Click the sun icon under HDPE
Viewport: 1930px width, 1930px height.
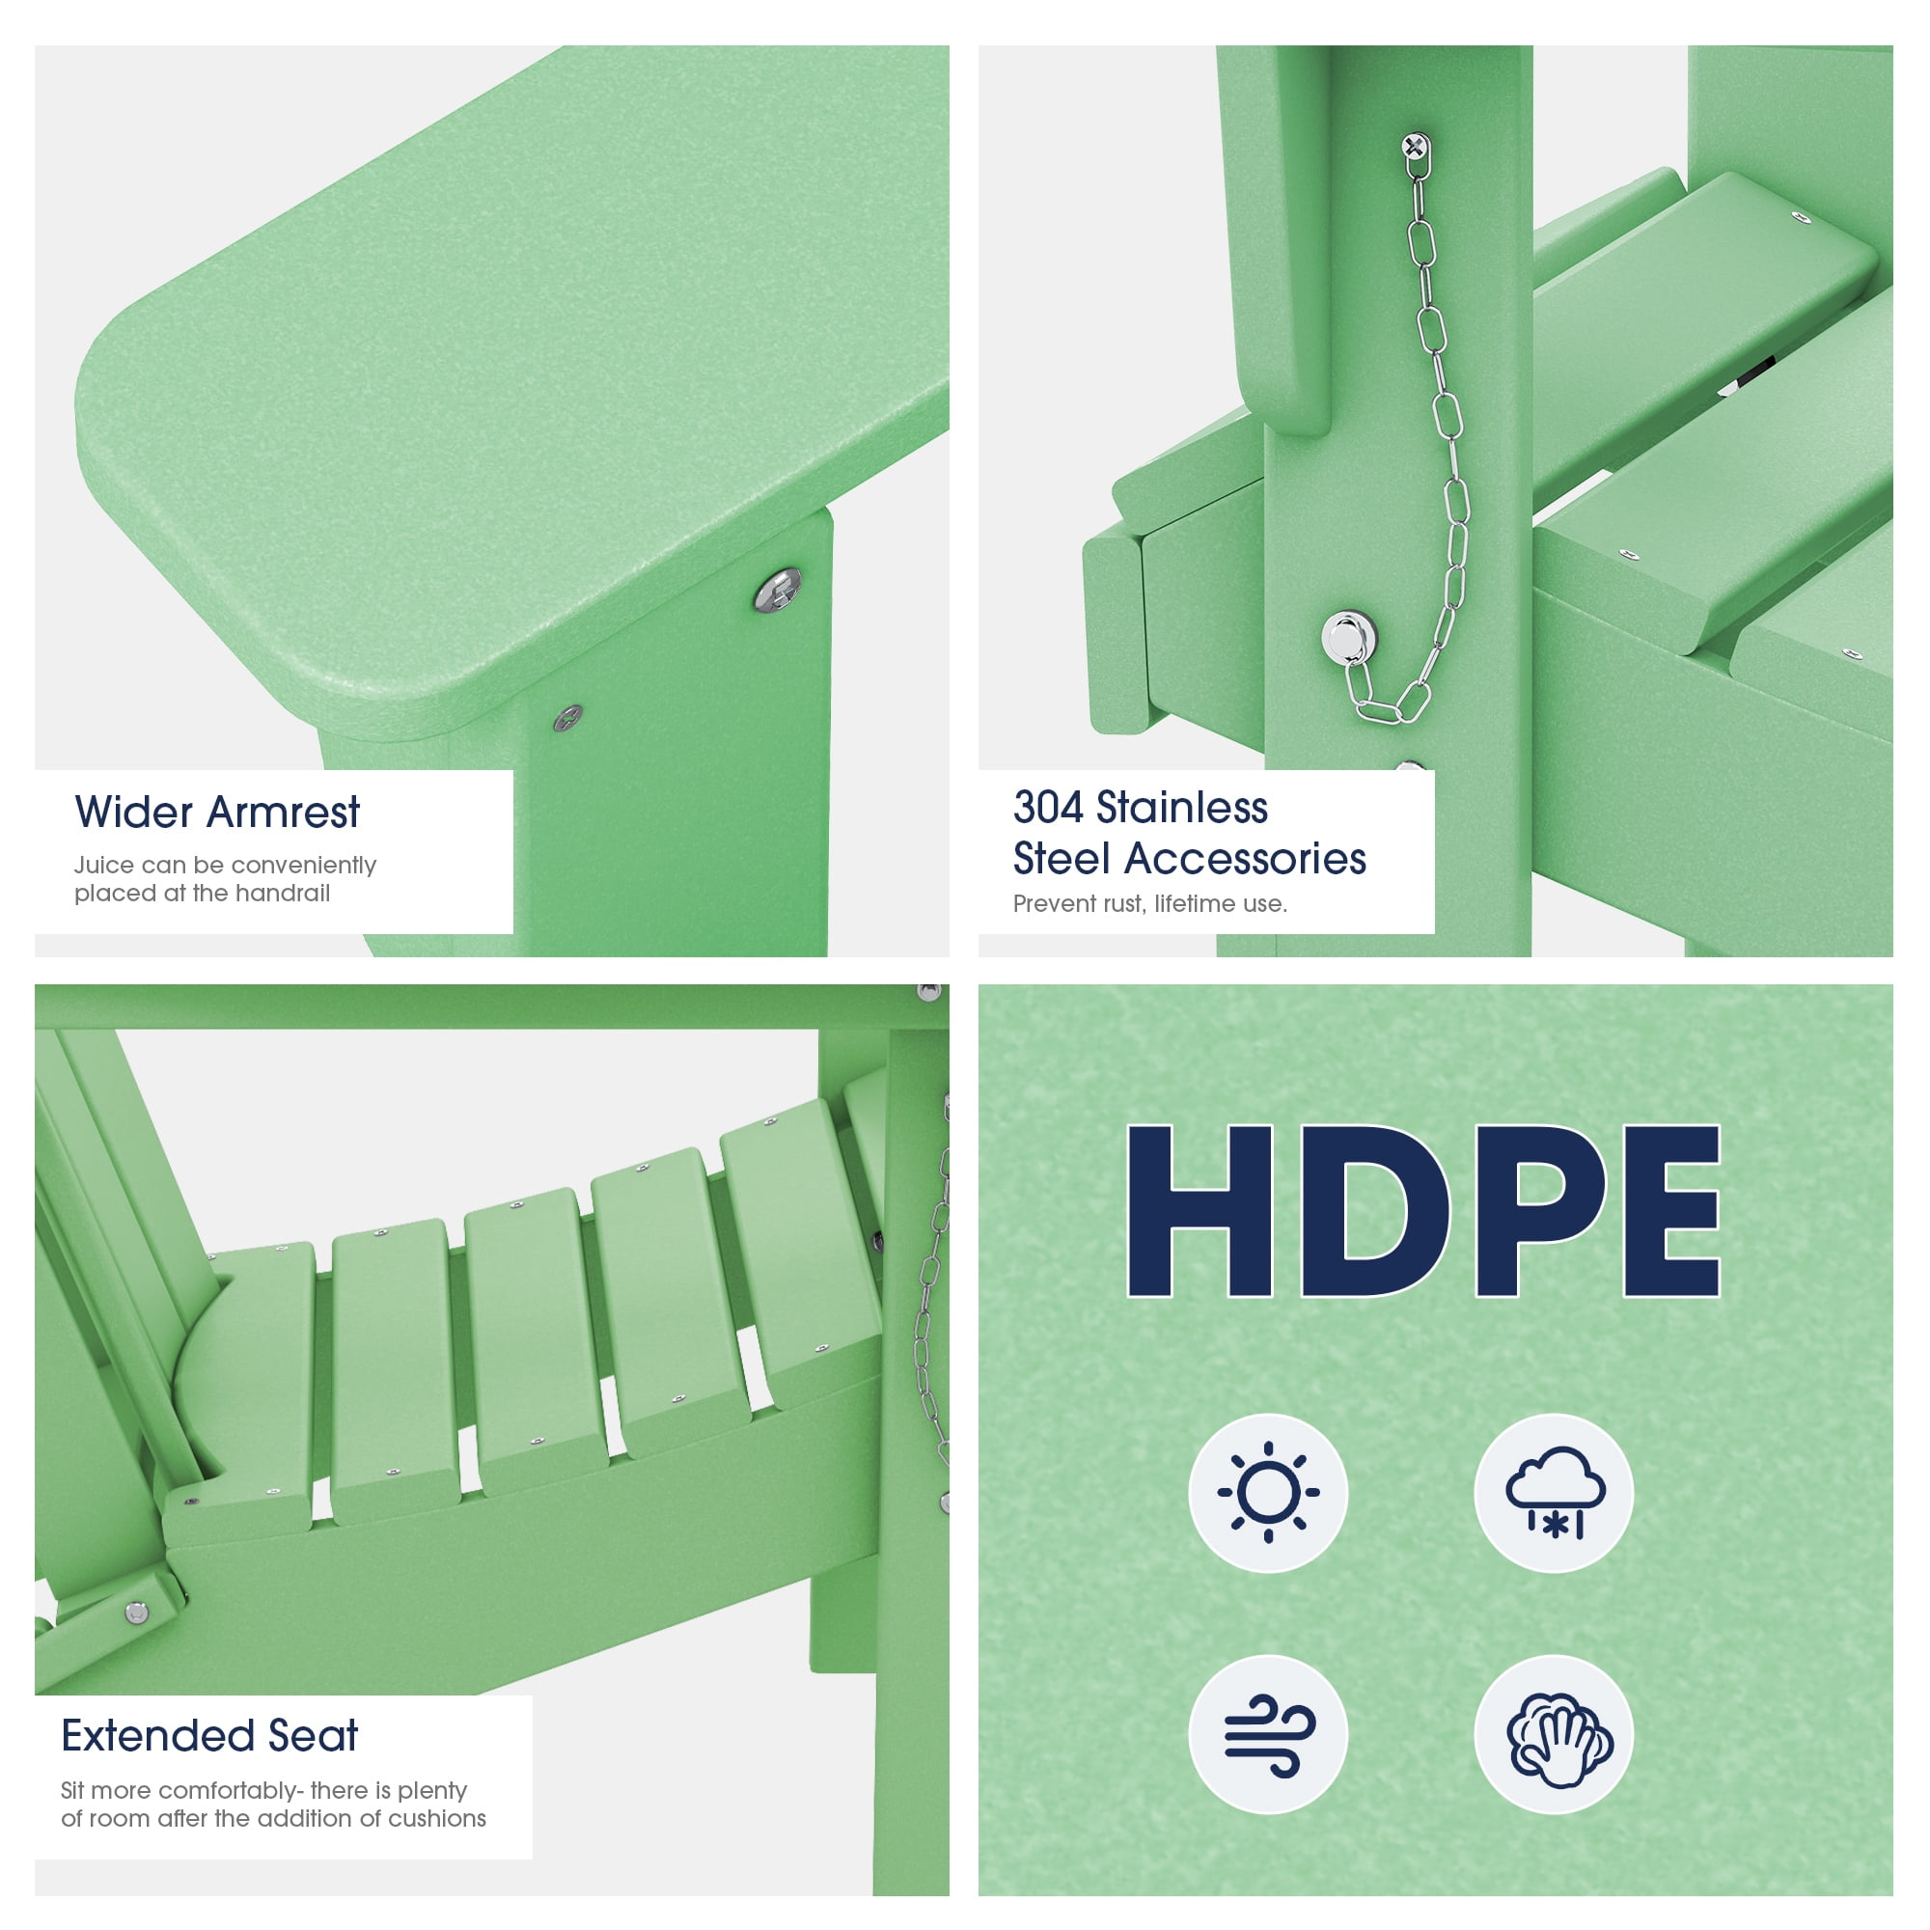point(1268,1493)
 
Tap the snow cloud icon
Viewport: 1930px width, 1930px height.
point(1555,1492)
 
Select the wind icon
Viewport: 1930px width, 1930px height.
point(1269,1736)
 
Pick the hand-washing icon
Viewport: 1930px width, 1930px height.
point(1555,1736)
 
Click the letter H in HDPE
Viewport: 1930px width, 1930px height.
point(1200,1210)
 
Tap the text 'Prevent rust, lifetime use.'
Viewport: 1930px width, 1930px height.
point(1150,903)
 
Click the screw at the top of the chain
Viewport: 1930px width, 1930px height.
point(1415,147)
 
